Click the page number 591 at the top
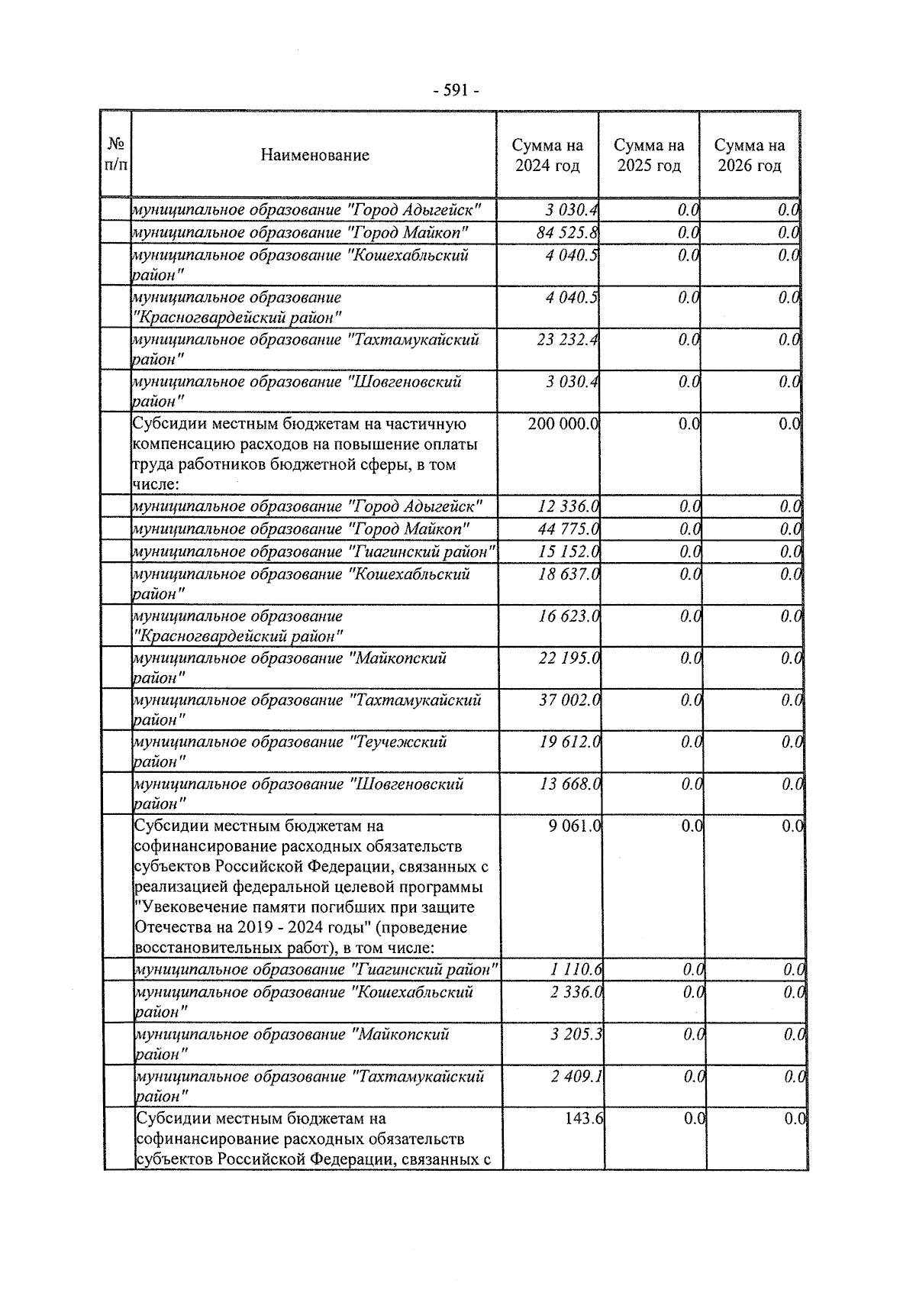coord(456,91)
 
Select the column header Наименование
coord(314,155)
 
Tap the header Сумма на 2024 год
coord(547,155)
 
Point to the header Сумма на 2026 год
coord(750,155)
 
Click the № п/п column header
coord(116,154)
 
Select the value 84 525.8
coord(567,232)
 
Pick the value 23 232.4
coord(567,339)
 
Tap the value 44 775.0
coord(569,528)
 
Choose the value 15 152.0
coord(569,551)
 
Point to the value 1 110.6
coord(576,969)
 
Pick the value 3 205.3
coord(576,1034)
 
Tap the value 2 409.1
coord(576,1076)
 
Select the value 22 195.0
coord(569,658)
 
